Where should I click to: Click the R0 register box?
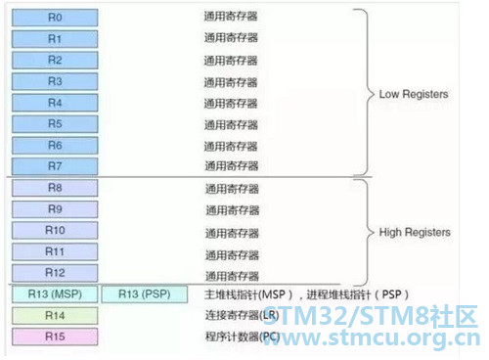(55, 18)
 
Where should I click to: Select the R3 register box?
(55, 81)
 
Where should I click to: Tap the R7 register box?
(55, 166)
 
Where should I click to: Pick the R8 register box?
(55, 188)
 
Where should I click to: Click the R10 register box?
(55, 230)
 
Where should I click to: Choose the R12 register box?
(55, 273)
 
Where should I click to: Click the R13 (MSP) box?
(55, 294)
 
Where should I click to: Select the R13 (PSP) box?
(145, 294)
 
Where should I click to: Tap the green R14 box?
(55, 315)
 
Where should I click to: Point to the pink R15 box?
(55, 337)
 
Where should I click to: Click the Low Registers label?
(414, 94)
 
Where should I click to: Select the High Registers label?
(415, 232)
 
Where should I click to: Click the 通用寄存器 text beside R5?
(231, 124)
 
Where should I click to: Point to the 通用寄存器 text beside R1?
(231, 38)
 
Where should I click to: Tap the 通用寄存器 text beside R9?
(233, 210)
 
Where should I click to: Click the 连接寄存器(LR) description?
(242, 315)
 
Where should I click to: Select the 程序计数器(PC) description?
(243, 337)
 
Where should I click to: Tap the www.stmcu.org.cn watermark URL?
(372, 337)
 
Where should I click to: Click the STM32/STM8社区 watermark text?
(370, 316)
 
